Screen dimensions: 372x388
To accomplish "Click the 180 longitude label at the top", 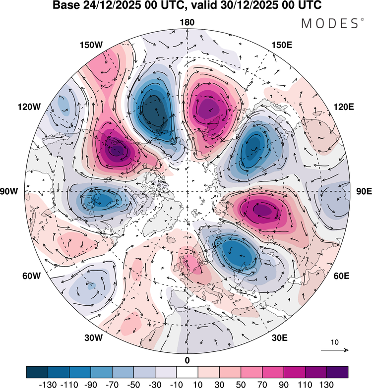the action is [x=187, y=22].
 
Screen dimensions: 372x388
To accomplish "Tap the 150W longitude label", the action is [x=91, y=45].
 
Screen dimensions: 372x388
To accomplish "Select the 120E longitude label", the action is [x=344, y=107].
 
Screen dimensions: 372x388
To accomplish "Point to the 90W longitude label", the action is [x=9, y=191].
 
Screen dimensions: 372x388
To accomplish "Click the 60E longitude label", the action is [x=342, y=276].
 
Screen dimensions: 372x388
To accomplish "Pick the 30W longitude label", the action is [x=93, y=338].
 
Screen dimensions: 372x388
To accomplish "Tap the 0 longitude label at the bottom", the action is [x=187, y=361].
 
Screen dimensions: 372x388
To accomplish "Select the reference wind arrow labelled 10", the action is [x=335, y=350].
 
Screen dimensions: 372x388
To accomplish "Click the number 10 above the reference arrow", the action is [x=335, y=342].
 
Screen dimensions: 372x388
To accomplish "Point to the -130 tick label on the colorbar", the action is [x=48, y=385].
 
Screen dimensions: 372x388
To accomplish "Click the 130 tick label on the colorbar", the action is [x=326, y=385].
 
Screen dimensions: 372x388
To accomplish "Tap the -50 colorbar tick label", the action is [x=133, y=385].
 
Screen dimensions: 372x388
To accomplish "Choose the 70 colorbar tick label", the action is [x=262, y=385].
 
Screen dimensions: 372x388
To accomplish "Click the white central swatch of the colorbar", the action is [x=187, y=372].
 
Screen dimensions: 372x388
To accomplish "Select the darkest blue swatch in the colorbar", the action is [x=37, y=372].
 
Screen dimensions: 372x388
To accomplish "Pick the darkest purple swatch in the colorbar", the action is [x=337, y=372].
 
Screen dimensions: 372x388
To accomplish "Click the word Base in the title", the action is [x=66, y=5].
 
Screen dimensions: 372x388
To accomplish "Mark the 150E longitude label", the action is [x=282, y=45].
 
